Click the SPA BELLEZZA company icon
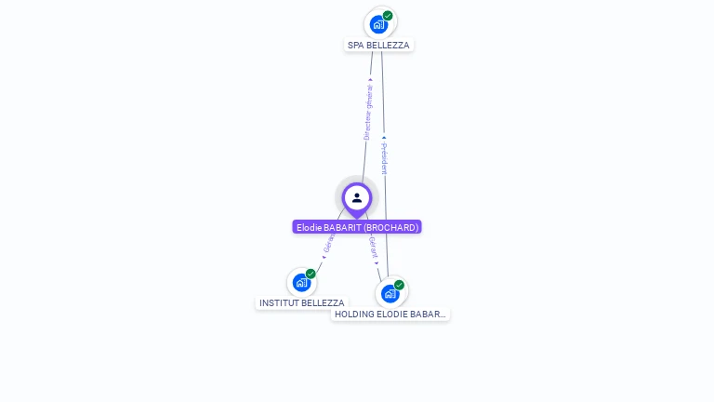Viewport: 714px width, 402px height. (378, 24)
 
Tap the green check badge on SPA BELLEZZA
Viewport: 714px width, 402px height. (388, 16)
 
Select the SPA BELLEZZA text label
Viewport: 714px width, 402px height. (378, 45)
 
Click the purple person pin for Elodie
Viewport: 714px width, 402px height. (357, 198)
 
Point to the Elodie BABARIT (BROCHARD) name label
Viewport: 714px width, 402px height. (357, 227)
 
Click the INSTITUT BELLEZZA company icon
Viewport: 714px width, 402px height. (301, 282)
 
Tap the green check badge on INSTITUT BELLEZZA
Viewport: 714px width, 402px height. (311, 274)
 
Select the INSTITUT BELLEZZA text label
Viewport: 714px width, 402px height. (301, 303)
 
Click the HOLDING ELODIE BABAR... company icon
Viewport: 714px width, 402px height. (390, 293)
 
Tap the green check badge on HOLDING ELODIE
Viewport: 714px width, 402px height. (399, 285)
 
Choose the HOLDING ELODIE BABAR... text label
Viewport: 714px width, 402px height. (390, 315)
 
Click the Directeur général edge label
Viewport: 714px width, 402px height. (368, 112)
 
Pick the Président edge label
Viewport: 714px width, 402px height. (384, 158)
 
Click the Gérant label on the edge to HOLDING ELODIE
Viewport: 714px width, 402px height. (374, 248)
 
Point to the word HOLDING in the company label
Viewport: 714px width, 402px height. (354, 315)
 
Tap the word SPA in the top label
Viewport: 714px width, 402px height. (355, 45)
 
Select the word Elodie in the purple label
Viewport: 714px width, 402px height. (310, 227)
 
